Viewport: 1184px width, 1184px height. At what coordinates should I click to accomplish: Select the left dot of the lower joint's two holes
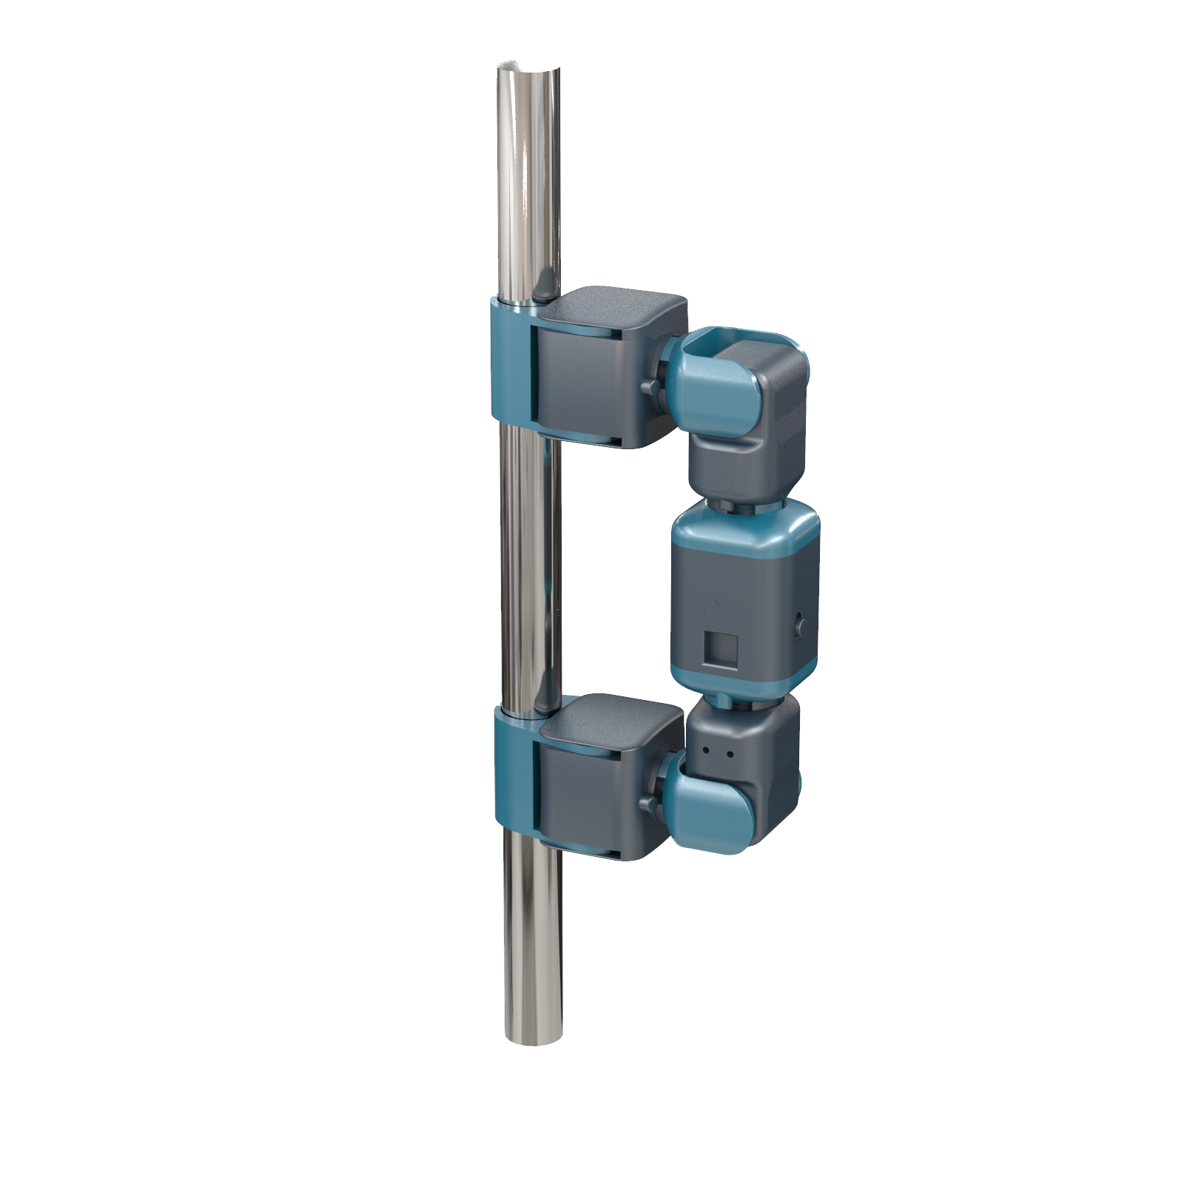[x=707, y=750]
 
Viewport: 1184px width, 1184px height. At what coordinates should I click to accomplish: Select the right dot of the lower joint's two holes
[x=730, y=755]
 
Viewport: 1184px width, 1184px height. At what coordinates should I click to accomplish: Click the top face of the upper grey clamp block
[x=614, y=306]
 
